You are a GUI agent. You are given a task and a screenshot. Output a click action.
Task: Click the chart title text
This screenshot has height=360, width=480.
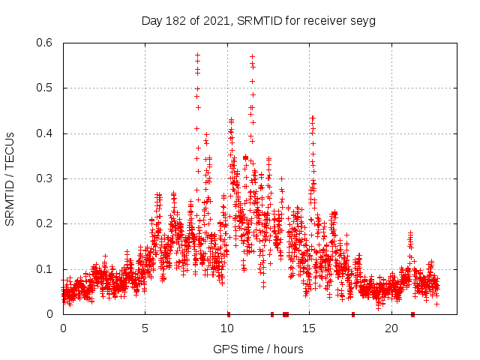[258, 21]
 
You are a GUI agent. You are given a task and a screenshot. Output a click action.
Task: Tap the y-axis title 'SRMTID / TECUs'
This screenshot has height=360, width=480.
[10, 178]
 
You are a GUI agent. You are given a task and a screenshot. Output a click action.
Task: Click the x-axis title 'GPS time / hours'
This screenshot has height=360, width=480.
[258, 349]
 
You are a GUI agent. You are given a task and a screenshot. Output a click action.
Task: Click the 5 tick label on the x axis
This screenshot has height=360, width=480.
[145, 328]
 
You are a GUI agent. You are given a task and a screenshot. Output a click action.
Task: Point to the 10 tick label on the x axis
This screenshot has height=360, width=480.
[227, 328]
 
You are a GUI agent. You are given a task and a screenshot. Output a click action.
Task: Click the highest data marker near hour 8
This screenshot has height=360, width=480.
[197, 55]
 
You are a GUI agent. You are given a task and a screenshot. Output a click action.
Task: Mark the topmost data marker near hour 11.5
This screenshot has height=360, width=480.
[252, 55]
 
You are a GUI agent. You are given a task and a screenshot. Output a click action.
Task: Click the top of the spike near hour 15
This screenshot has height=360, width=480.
[313, 118]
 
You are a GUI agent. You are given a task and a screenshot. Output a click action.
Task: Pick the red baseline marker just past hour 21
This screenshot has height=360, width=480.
[412, 314]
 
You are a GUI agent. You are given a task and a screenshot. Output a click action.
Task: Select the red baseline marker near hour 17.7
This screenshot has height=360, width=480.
[353, 314]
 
